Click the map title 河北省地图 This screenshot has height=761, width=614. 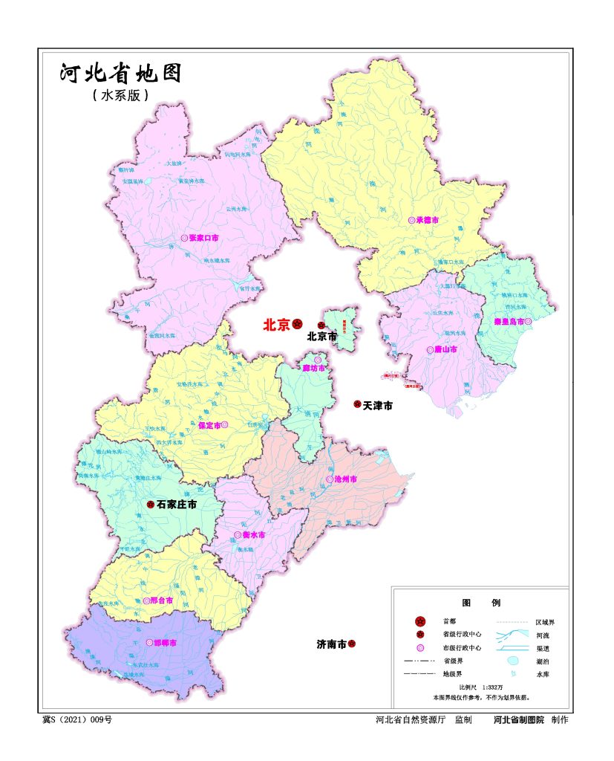coord(120,74)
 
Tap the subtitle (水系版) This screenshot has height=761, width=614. coord(121,96)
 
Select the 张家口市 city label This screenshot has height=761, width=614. coord(204,238)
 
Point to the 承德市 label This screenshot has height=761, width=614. coord(428,221)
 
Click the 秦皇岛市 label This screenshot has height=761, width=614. coord(509,322)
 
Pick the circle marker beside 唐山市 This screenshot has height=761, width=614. coord(430,349)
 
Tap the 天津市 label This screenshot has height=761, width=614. coord(378,406)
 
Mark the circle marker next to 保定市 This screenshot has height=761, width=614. coord(224,426)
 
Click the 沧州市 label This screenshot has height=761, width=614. coord(346,479)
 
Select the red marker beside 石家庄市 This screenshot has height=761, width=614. coord(150,505)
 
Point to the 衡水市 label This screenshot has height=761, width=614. coord(253,535)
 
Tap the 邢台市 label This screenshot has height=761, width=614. coord(161,600)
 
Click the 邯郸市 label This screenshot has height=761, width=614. coord(165,643)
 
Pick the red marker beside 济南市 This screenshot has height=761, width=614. coord(352,644)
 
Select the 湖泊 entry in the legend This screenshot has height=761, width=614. coord(543,661)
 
